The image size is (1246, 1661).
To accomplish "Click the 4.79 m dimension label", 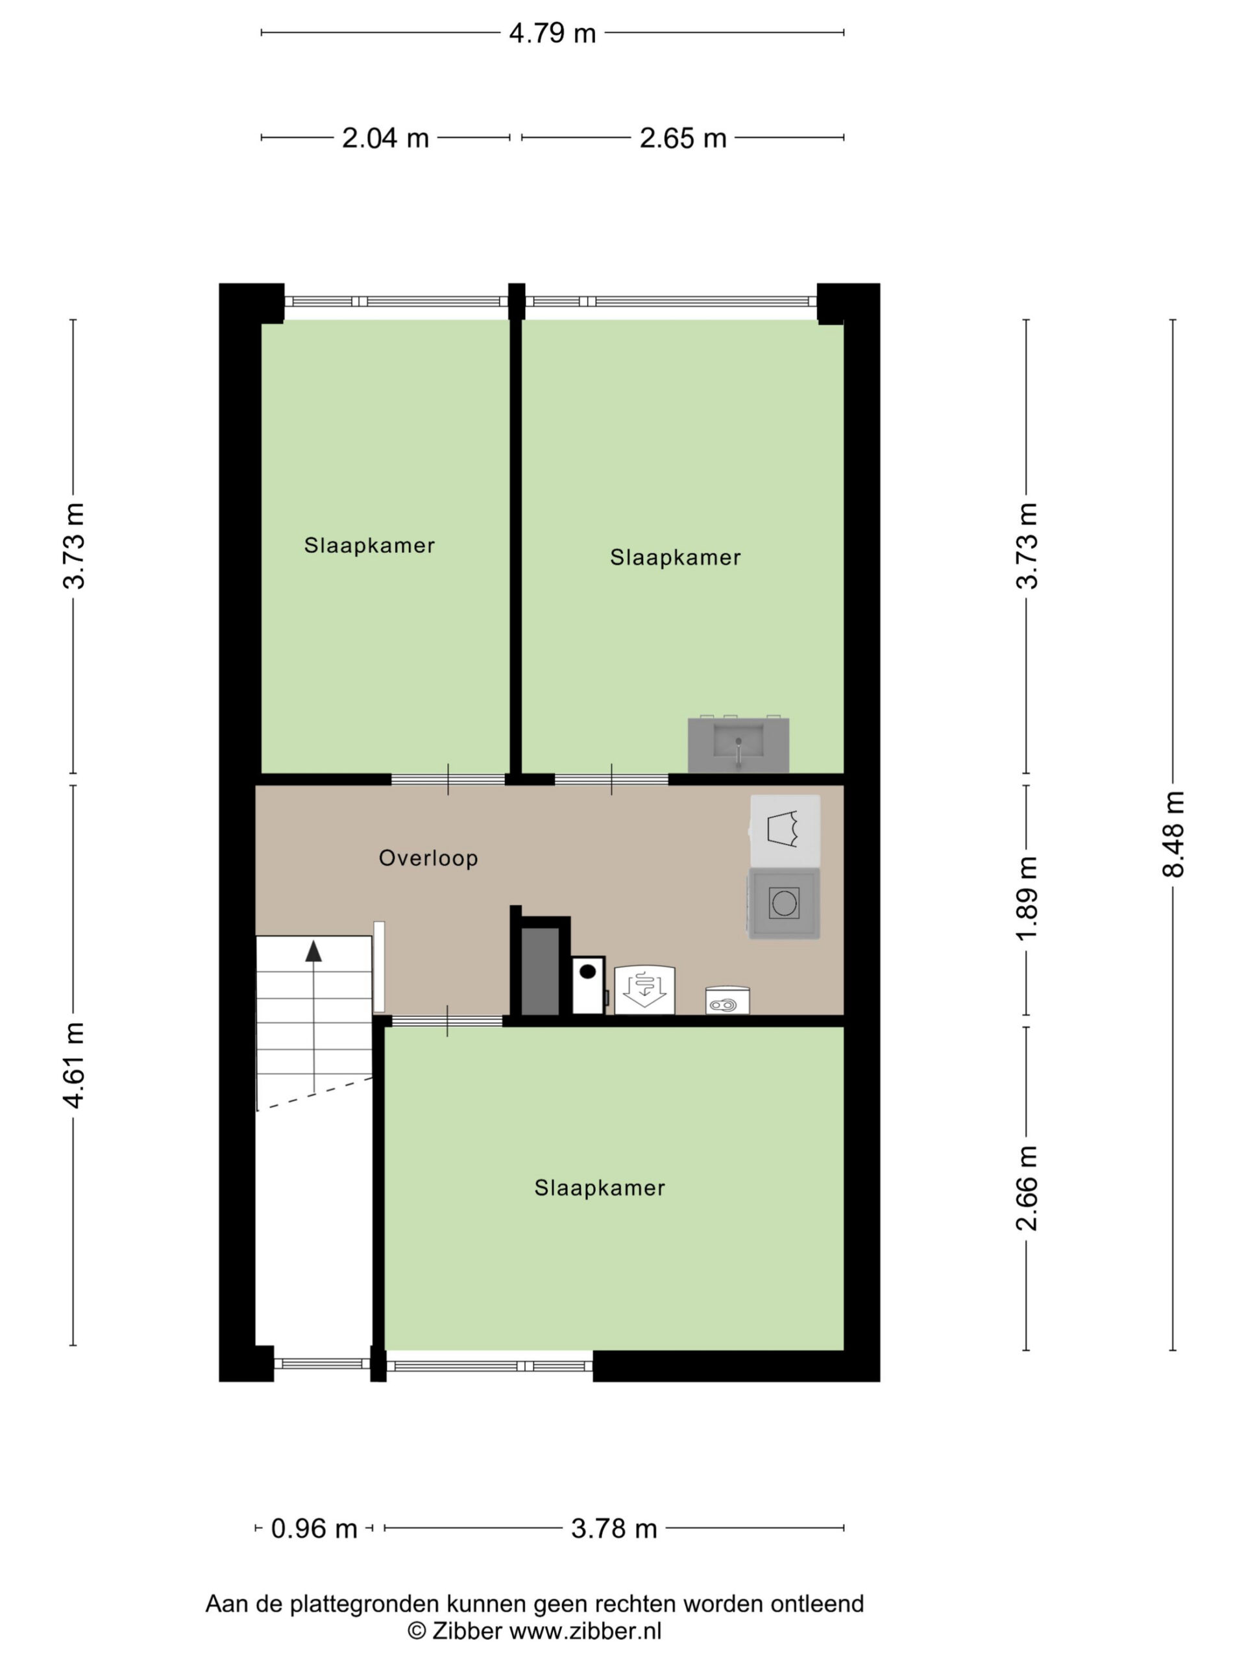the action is click(552, 33).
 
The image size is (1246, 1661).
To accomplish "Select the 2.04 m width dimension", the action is click(385, 138).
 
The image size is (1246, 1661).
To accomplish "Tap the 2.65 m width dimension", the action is click(683, 138).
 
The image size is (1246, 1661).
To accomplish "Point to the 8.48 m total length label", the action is click(1173, 834).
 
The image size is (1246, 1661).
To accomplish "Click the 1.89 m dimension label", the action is click(1027, 898).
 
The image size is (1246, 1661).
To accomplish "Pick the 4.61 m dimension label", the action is click(73, 1065).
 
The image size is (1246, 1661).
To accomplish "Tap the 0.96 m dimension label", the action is click(314, 1528).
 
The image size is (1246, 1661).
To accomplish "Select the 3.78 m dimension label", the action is click(614, 1528).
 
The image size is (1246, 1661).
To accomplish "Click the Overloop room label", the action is click(428, 858).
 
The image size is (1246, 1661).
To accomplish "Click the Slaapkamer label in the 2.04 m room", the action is click(369, 545).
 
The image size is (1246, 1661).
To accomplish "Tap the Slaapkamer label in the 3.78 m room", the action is click(600, 1188).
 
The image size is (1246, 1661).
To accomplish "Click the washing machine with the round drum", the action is click(784, 903).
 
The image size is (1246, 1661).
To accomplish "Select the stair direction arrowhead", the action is click(313, 951).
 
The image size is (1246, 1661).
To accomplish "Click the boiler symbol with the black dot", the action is click(588, 985).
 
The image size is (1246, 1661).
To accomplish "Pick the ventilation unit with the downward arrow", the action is click(644, 991).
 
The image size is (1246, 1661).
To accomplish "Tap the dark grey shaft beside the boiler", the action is click(540, 972).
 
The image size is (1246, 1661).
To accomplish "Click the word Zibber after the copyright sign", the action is click(467, 1631).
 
